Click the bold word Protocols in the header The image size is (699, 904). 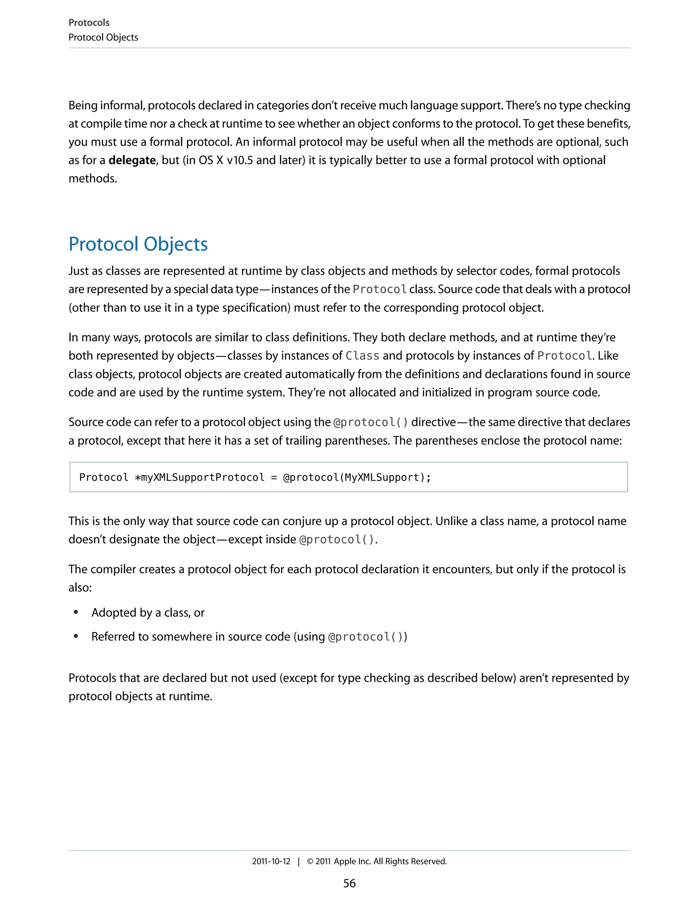pyautogui.click(x=89, y=23)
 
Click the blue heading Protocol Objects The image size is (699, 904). pyautogui.click(x=138, y=244)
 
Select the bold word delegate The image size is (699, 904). pyautogui.click(x=132, y=160)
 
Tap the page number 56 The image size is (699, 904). pyautogui.click(x=349, y=883)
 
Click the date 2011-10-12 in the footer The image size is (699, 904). pyautogui.click(x=271, y=861)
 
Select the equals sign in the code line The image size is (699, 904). pyautogui.click(x=274, y=477)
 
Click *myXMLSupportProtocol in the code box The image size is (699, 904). pyautogui.click(x=199, y=477)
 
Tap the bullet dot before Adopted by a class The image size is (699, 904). pyautogui.click(x=76, y=612)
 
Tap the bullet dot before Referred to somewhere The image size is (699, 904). pyautogui.click(x=76, y=636)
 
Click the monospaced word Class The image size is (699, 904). pyautogui.click(x=362, y=356)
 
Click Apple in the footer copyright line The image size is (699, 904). pyautogui.click(x=345, y=861)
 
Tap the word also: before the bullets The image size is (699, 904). pyautogui.click(x=80, y=587)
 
